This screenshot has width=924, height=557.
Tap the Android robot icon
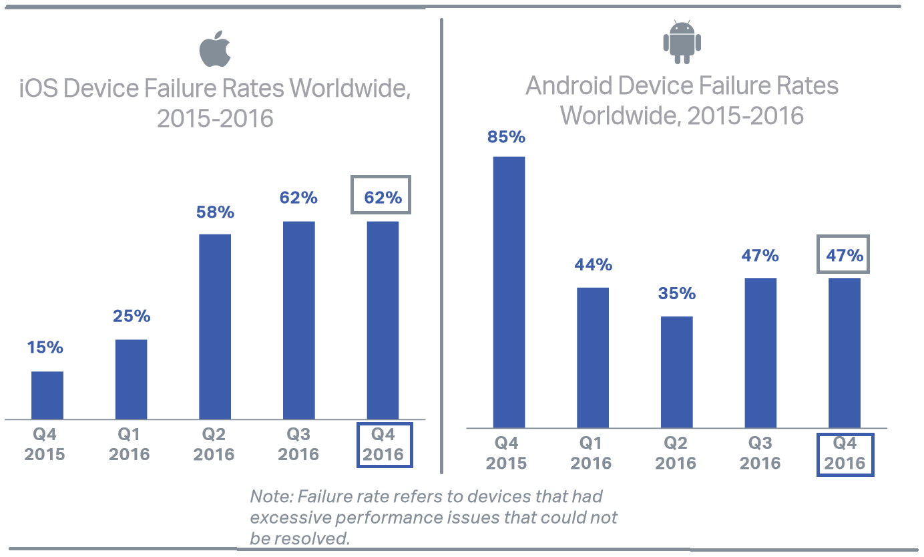coord(682,43)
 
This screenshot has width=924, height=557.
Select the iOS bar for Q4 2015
coord(47,395)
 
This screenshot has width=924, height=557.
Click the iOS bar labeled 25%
coord(132,379)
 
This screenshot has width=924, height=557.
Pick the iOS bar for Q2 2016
coord(215,327)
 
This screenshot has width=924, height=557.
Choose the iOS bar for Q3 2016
coord(298,320)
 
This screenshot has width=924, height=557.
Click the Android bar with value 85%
coord(509,292)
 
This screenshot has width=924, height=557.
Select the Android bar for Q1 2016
coord(593,357)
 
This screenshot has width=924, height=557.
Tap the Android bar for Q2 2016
coord(677,372)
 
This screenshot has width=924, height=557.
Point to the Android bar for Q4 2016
coord(845,353)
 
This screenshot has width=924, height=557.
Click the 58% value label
coord(215,212)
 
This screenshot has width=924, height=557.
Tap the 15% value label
coord(45,347)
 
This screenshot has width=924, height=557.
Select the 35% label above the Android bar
coord(677,294)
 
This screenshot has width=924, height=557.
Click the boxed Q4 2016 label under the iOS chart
coord(384,445)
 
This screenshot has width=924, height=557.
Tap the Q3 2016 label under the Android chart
coord(760,453)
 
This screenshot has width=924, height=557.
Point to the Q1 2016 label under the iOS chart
coord(130,445)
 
